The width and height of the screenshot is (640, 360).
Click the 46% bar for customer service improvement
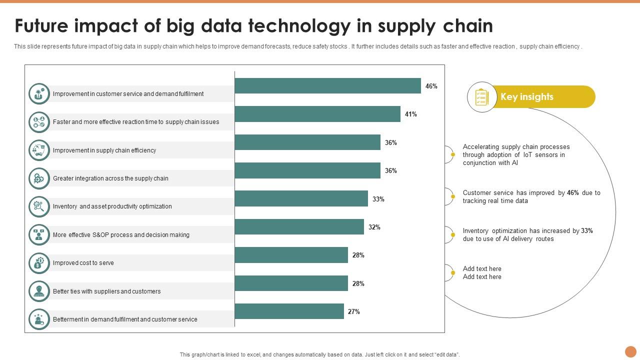click(327, 86)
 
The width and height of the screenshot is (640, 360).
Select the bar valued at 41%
click(317, 114)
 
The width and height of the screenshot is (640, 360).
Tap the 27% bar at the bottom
click(289, 311)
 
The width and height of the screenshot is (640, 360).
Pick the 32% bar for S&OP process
click(299, 227)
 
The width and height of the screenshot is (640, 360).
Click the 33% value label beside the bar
click(378, 199)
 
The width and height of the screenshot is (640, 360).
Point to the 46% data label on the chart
click(431, 86)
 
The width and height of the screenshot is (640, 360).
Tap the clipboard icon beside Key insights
click(481, 97)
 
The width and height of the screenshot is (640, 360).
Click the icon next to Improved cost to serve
click(39, 263)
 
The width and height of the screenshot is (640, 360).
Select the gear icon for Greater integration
click(39, 178)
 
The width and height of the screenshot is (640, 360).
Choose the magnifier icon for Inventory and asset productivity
click(39, 206)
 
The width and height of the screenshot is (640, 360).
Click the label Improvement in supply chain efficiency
click(104, 150)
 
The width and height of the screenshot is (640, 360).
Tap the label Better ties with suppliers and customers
click(106, 291)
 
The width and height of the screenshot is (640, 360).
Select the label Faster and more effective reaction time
click(136, 122)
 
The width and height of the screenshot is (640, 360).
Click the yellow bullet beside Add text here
click(453, 273)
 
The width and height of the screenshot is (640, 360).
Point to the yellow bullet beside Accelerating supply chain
click(453, 155)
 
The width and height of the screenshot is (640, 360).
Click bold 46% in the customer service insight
click(573, 193)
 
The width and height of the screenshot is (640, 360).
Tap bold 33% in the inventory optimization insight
click(587, 231)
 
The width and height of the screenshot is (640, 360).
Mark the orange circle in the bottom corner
click(630, 351)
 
